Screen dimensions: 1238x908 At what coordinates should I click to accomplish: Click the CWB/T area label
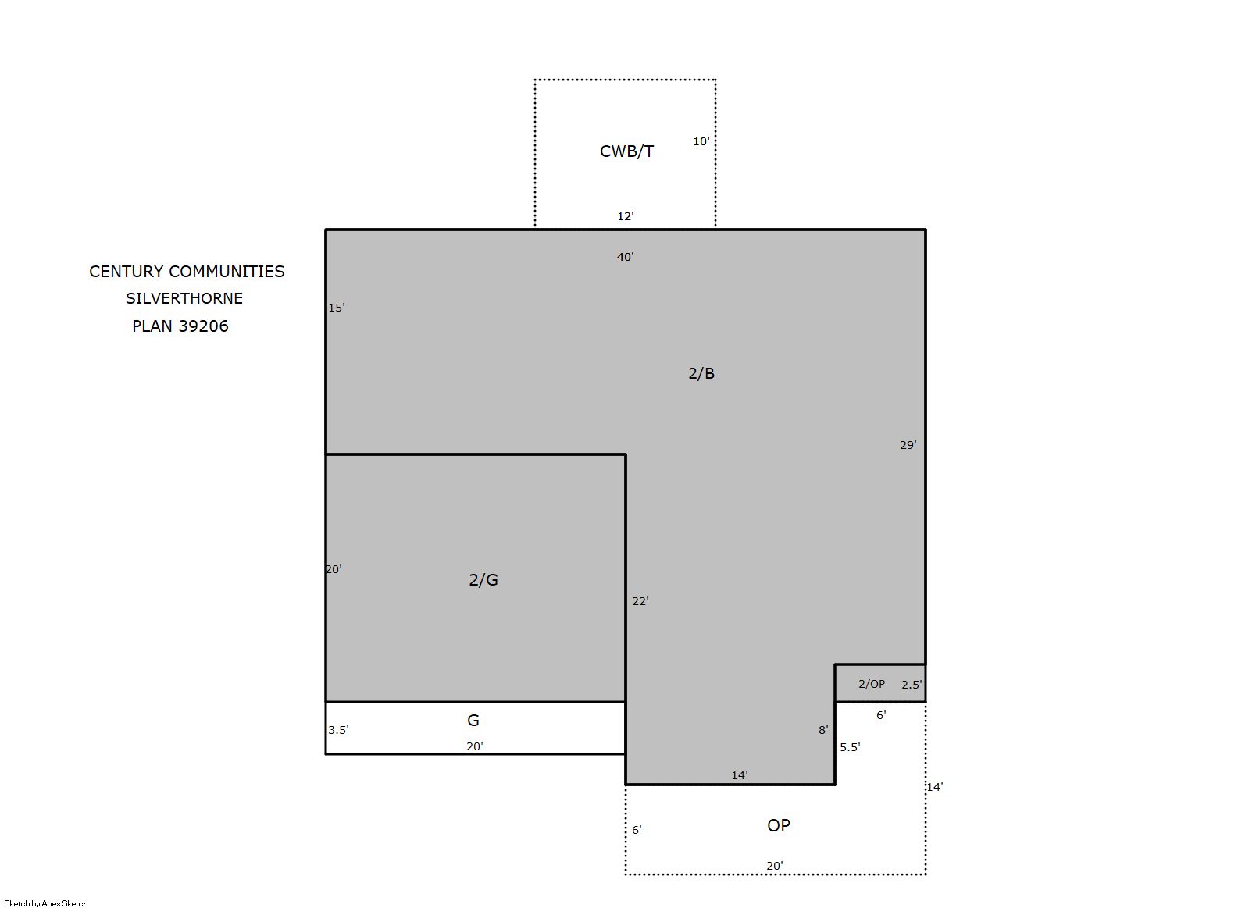[626, 151]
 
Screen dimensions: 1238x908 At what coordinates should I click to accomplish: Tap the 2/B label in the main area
[701, 373]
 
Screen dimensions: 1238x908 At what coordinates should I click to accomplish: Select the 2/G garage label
[483, 579]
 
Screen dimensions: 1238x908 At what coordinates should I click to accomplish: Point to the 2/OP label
[872, 684]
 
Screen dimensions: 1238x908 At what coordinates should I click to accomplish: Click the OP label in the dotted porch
[779, 825]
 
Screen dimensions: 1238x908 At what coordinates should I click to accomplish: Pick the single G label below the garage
[473, 720]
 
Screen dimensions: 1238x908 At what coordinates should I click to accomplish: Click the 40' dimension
[625, 257]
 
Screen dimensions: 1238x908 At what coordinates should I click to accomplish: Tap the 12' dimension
[625, 216]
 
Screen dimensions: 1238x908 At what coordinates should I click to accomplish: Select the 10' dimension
[701, 141]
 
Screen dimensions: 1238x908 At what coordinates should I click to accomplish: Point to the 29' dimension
[908, 444]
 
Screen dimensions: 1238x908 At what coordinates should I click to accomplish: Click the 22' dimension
[640, 601]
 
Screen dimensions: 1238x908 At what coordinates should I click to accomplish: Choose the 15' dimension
[337, 308]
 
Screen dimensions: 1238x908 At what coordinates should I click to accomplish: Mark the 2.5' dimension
[912, 684]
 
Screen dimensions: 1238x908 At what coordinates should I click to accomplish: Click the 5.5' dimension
[850, 746]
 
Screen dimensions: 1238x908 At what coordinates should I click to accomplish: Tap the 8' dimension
[823, 730]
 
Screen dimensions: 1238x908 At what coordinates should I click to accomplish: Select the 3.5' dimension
[338, 730]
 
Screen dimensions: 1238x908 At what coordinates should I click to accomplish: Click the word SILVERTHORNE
[184, 298]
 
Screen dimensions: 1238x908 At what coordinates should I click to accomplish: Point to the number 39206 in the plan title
[203, 326]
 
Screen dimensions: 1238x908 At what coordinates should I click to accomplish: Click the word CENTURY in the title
[127, 271]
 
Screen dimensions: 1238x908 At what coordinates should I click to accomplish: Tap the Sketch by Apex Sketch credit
[46, 903]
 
